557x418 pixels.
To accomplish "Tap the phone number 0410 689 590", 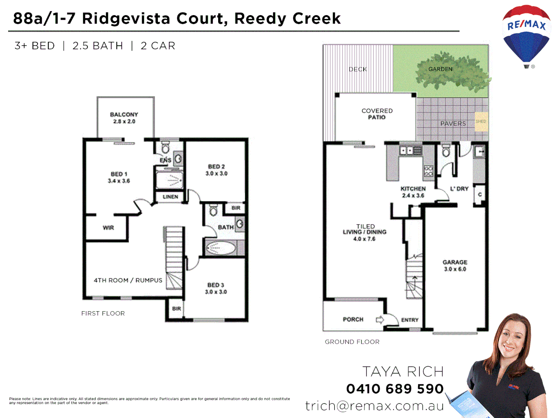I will click(395, 389).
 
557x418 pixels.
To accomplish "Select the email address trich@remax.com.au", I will click(374, 406).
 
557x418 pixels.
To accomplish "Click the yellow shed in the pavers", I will click(481, 122).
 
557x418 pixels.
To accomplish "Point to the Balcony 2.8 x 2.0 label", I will click(124, 118).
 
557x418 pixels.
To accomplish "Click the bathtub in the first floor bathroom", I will click(220, 248).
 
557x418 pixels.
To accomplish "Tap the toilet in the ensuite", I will click(166, 147).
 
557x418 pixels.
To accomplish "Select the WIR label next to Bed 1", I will click(108, 228).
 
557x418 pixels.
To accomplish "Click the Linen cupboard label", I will click(170, 197).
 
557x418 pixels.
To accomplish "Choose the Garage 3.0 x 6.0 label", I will click(455, 266).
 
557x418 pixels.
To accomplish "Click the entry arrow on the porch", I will click(380, 319).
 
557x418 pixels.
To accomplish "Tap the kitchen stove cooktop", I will click(428, 171).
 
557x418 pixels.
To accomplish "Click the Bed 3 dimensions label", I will click(216, 292).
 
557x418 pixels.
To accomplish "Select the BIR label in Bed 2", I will click(236, 208).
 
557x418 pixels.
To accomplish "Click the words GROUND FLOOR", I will click(352, 342).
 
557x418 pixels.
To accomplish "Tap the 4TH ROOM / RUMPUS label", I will click(128, 280).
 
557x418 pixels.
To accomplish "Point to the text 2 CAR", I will click(158, 46).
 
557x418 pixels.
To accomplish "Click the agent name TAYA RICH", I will click(403, 372).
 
